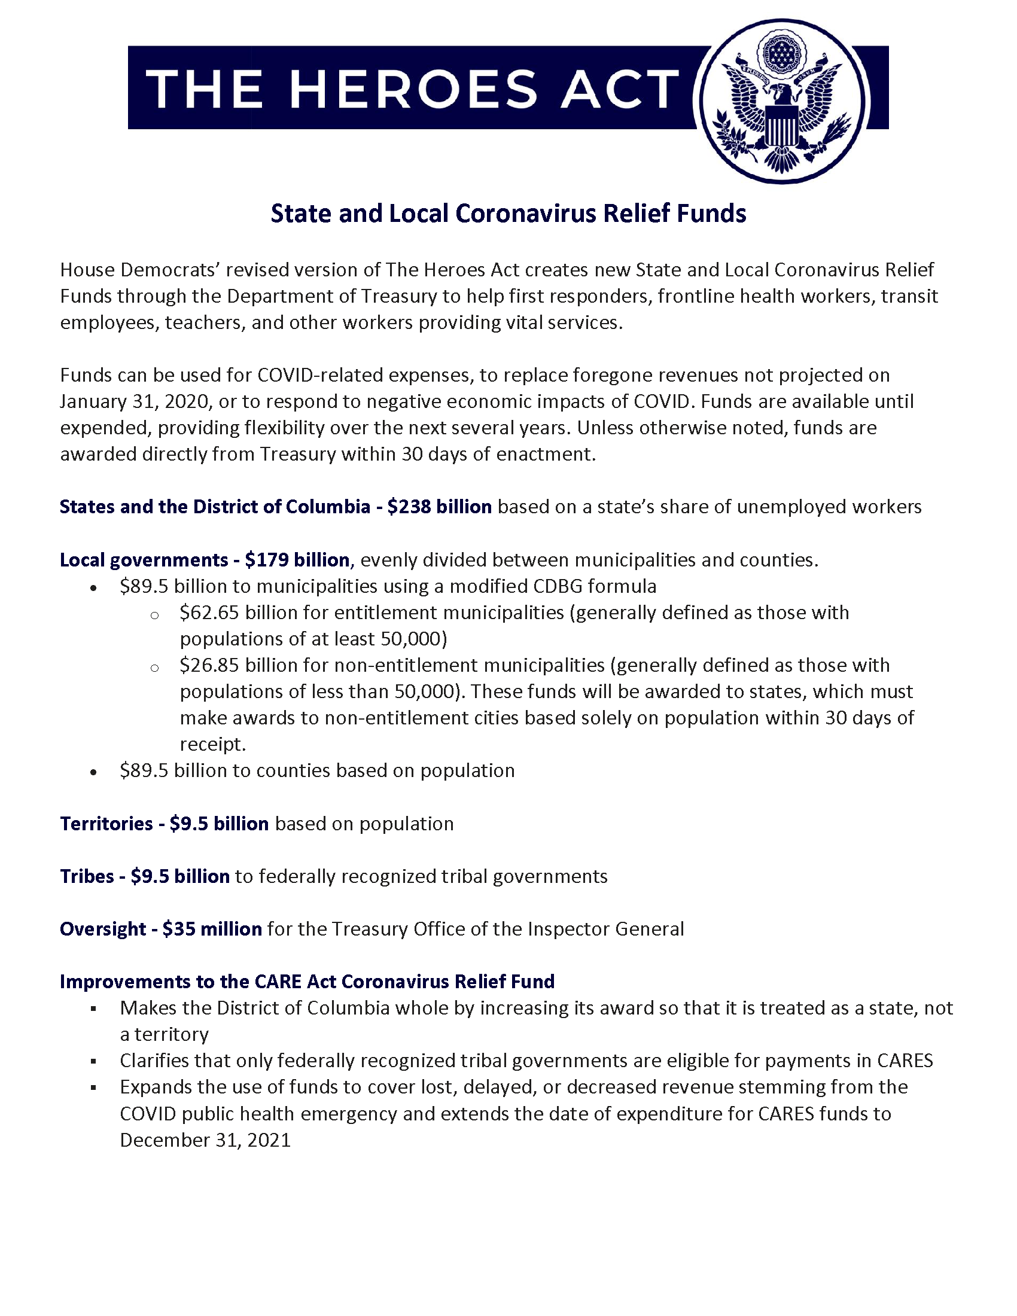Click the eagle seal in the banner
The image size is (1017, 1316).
pos(782,100)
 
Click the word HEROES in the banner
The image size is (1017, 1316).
pos(413,89)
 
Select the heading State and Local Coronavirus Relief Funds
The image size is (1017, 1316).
pos(508,214)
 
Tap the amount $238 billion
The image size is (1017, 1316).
pos(439,507)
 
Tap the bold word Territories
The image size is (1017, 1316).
pos(106,824)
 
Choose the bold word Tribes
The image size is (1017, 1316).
pos(87,876)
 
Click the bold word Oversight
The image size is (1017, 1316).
pos(102,929)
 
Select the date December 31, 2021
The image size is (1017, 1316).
pos(205,1140)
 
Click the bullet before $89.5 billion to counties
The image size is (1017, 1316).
pos(93,772)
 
